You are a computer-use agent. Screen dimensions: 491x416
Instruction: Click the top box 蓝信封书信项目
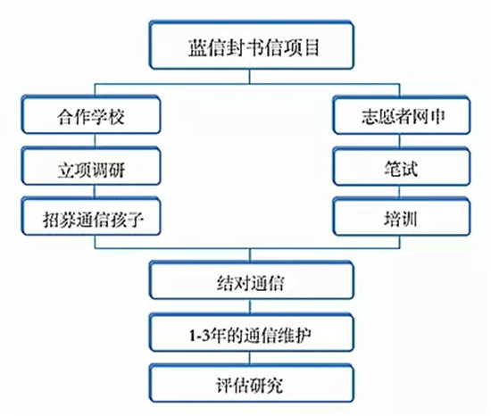click(252, 45)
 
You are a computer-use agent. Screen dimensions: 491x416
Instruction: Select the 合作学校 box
click(91, 115)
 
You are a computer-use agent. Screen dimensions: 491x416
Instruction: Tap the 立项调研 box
click(91, 166)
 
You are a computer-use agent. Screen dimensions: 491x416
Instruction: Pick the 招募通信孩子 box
click(91, 217)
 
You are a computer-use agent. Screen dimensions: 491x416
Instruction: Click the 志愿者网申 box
click(402, 115)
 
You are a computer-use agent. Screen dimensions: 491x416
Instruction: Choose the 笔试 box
click(402, 167)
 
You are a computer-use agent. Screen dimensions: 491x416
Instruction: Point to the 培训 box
click(402, 217)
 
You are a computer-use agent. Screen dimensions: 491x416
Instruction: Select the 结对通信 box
click(252, 280)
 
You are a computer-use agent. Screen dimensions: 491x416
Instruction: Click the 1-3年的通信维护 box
click(252, 332)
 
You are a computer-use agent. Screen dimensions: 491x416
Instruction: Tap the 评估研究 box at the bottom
click(252, 383)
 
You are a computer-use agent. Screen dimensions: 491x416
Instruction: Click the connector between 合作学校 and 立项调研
click(96, 141)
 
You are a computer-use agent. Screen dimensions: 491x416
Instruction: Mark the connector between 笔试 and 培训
click(400, 192)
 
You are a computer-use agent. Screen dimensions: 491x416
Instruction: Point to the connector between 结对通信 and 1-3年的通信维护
click(250, 306)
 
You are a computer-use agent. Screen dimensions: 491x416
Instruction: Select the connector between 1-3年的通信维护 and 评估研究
click(250, 358)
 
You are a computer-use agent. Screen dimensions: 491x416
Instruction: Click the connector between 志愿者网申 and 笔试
click(400, 141)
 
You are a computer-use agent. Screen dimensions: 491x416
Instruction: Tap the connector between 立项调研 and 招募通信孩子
click(96, 191)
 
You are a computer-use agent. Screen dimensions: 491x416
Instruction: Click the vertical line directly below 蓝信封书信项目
click(250, 77)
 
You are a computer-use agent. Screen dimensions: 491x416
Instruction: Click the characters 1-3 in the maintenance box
click(199, 336)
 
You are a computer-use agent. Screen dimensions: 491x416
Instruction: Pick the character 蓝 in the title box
click(197, 47)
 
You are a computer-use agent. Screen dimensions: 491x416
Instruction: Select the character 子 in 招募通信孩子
click(135, 220)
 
